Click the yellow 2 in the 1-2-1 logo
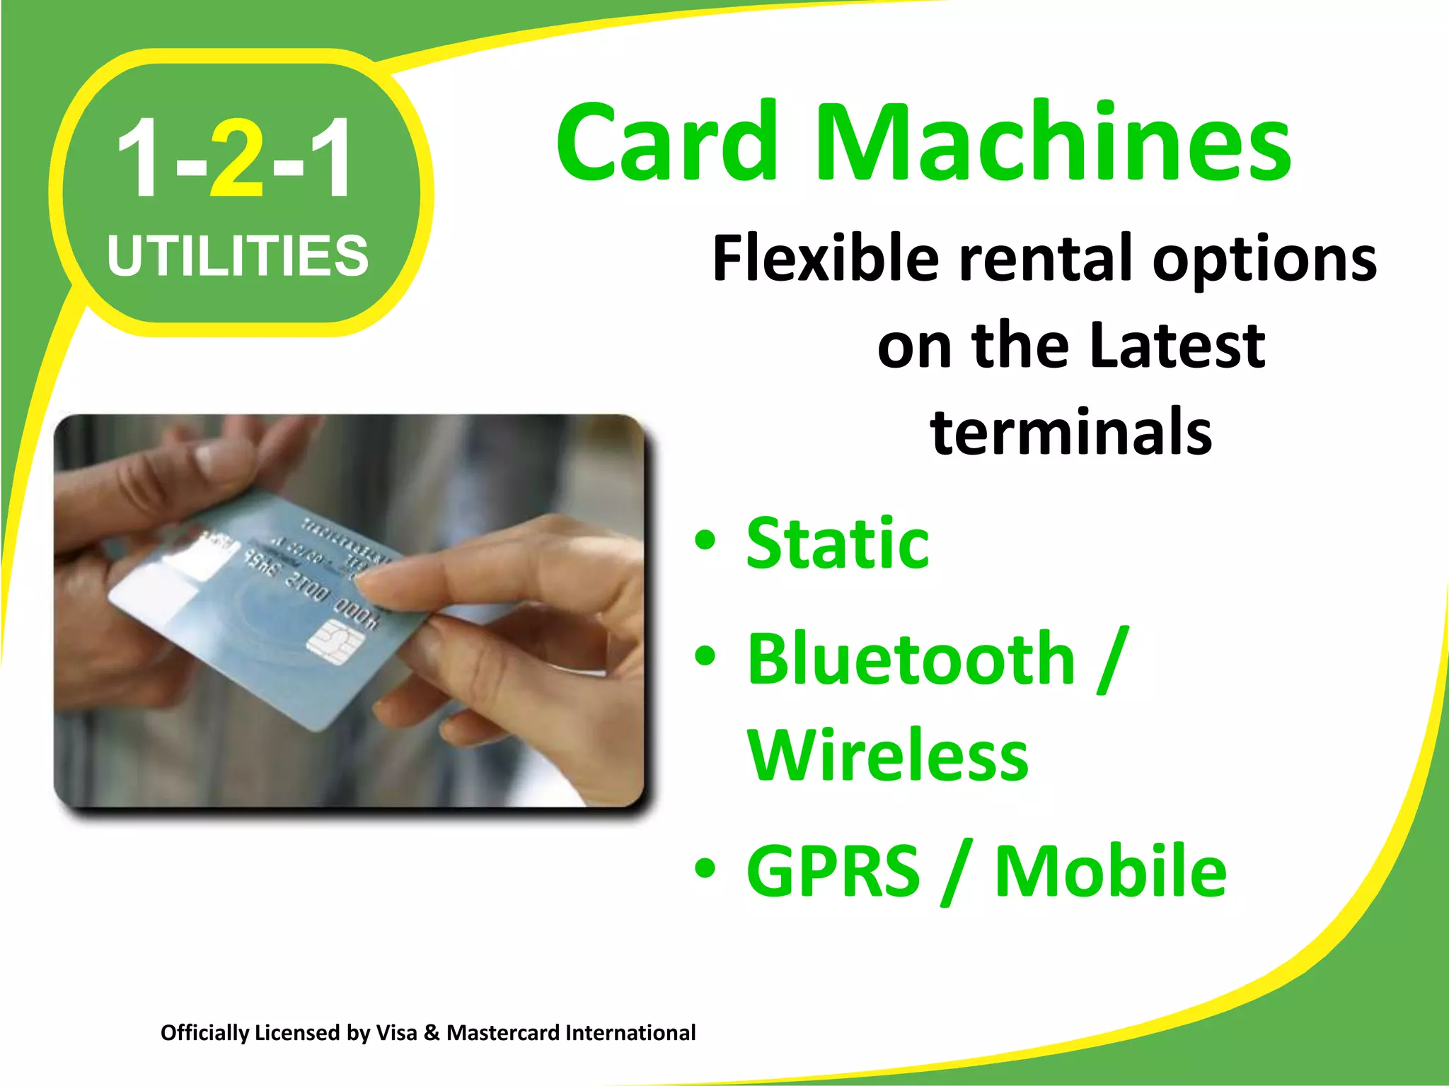pos(236,159)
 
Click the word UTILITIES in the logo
pos(238,255)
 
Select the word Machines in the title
pos(1054,141)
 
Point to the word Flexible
pos(825,258)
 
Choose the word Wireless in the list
pos(888,755)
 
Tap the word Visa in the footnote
pos(397,1033)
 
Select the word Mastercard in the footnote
pos(503,1033)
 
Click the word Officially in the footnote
pos(204,1033)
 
